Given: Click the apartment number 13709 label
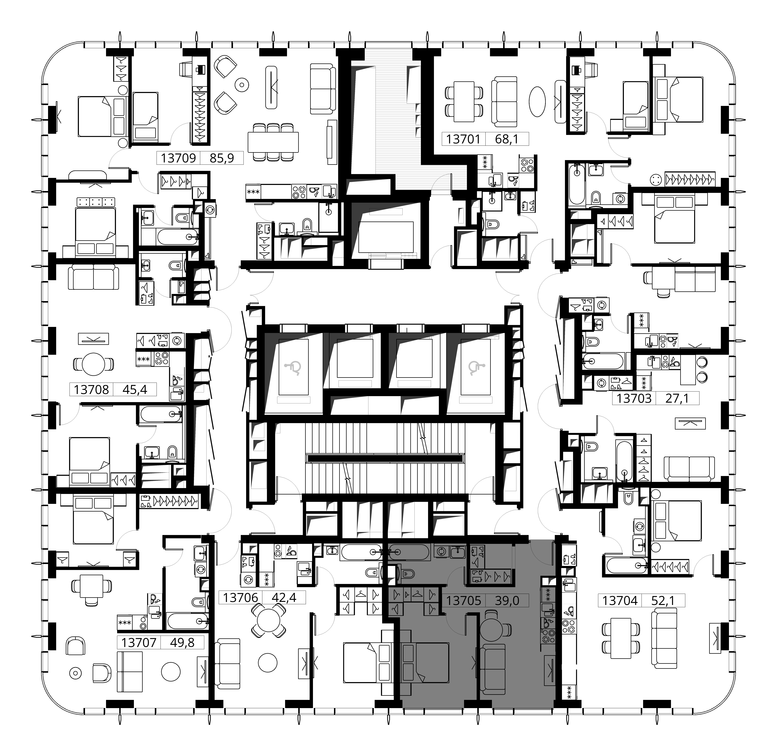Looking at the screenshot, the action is click(x=178, y=158).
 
